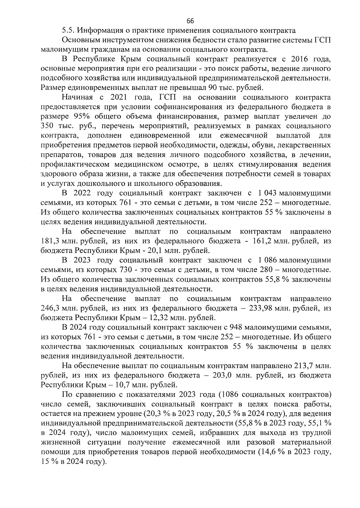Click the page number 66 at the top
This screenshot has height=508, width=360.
(190, 21)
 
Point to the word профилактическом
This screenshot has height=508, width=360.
(73, 165)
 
